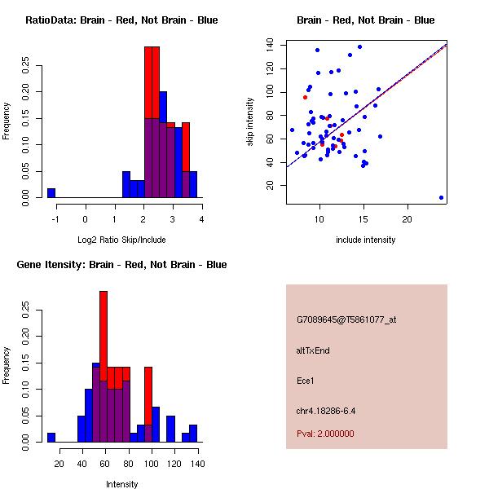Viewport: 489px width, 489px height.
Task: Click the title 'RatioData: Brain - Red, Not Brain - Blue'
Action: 121,20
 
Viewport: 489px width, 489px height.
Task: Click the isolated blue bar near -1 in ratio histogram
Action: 51,192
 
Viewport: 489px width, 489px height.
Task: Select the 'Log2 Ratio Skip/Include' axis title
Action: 121,240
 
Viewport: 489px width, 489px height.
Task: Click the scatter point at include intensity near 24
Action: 441,197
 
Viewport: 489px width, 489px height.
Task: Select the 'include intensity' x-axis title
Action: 365,240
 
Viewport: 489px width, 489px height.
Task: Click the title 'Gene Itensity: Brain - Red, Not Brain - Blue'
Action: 121,265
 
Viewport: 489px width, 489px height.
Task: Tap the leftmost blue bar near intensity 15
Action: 51,437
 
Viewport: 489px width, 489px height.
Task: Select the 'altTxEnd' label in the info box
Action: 313,350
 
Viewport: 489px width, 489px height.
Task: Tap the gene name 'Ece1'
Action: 306,380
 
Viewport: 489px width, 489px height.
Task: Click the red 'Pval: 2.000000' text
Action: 325,434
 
